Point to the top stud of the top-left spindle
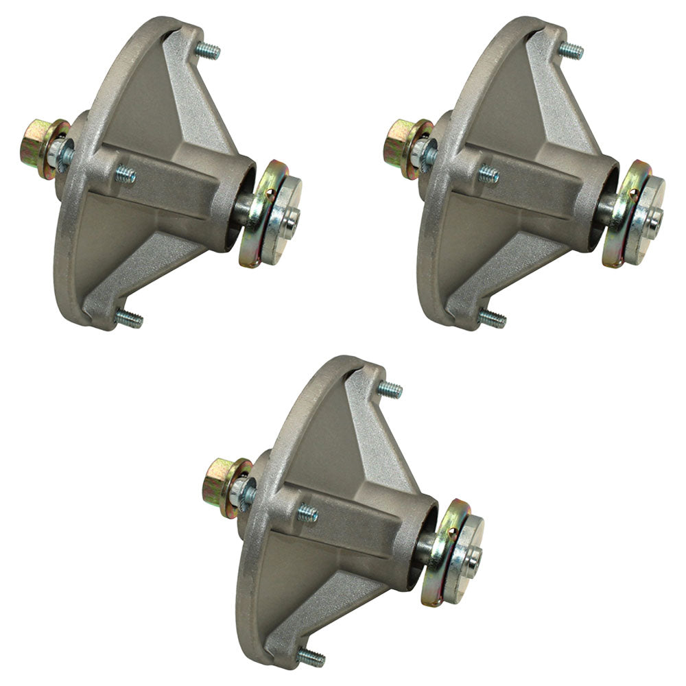point(208,51)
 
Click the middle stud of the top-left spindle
point(125,176)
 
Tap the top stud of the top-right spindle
point(571,50)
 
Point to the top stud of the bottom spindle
point(390,390)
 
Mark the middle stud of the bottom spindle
point(307,514)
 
